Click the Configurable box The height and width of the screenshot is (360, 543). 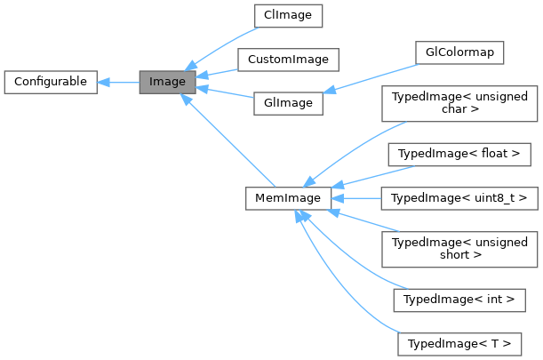49,82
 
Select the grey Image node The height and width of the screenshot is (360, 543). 166,82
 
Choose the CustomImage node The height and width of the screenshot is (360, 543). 288,60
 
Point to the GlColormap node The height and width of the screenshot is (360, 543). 459,52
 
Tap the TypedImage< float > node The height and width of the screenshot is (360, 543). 459,154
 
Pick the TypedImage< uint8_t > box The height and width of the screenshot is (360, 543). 459,198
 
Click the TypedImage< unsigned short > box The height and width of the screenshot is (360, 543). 459,249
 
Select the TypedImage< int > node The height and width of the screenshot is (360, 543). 459,300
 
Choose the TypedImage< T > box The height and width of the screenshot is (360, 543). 459,344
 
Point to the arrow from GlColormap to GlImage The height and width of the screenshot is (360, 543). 369,77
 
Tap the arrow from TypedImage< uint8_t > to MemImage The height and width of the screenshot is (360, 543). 356,198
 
